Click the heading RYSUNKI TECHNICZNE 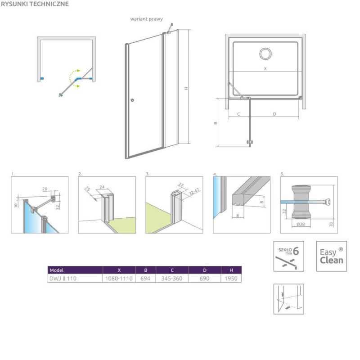(x=35, y=4)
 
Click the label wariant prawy (x=147, y=19)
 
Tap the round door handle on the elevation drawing (x=132, y=100)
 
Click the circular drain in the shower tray (x=265, y=54)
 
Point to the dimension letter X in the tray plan (x=265, y=69)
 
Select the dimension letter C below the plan (x=238, y=114)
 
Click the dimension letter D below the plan (x=274, y=114)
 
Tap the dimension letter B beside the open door (x=216, y=123)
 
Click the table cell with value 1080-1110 (x=119, y=279)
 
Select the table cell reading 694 (x=145, y=279)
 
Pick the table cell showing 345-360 (x=172, y=279)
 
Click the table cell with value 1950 (x=231, y=279)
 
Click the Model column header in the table (x=57, y=270)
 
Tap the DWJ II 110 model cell (x=63, y=279)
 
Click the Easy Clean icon (x=332, y=256)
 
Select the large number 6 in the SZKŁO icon (x=296, y=251)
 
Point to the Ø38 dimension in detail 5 (x=301, y=224)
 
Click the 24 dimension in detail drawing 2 (x=102, y=187)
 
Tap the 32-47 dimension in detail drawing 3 (x=194, y=192)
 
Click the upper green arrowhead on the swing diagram (x=78, y=71)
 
